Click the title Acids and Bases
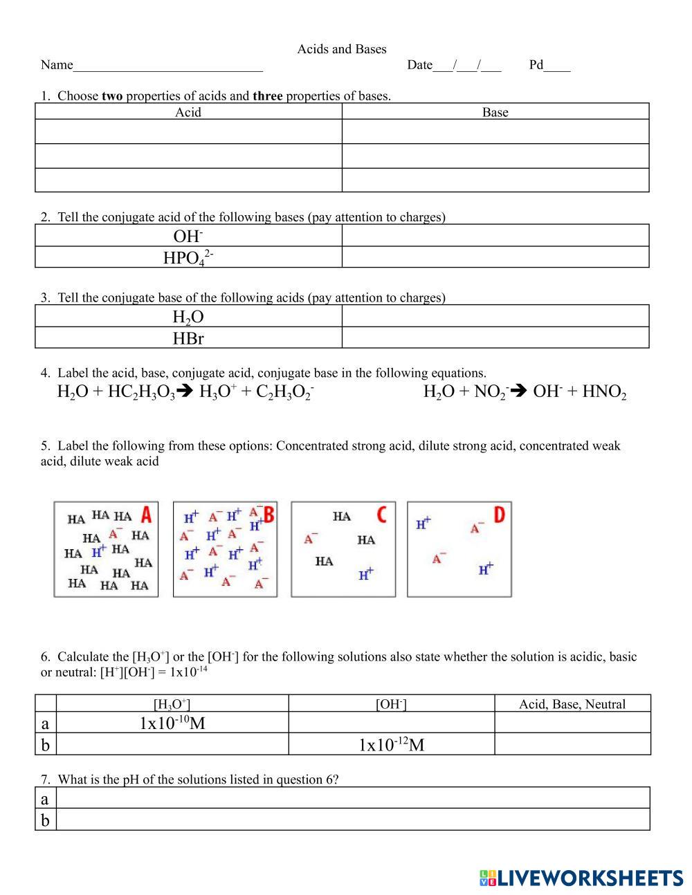pyautogui.click(x=342, y=49)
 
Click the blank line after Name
pyautogui.click(x=167, y=66)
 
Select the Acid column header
pyautogui.click(x=188, y=112)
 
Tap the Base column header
pyautogui.click(x=495, y=112)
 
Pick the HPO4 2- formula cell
pyautogui.click(x=188, y=258)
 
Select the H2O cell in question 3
pyautogui.click(x=188, y=317)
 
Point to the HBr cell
pyautogui.click(x=188, y=338)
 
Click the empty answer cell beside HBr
pyautogui.click(x=495, y=338)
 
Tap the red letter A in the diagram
pyautogui.click(x=146, y=515)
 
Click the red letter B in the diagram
pyautogui.click(x=268, y=515)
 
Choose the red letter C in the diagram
pyautogui.click(x=381, y=515)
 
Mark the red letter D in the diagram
pyautogui.click(x=499, y=515)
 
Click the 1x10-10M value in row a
pyautogui.click(x=172, y=723)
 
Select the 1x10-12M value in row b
pyautogui.click(x=391, y=745)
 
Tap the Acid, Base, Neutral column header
pyautogui.click(x=572, y=704)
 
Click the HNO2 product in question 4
pyautogui.click(x=604, y=392)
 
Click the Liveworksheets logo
pyautogui.click(x=581, y=878)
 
